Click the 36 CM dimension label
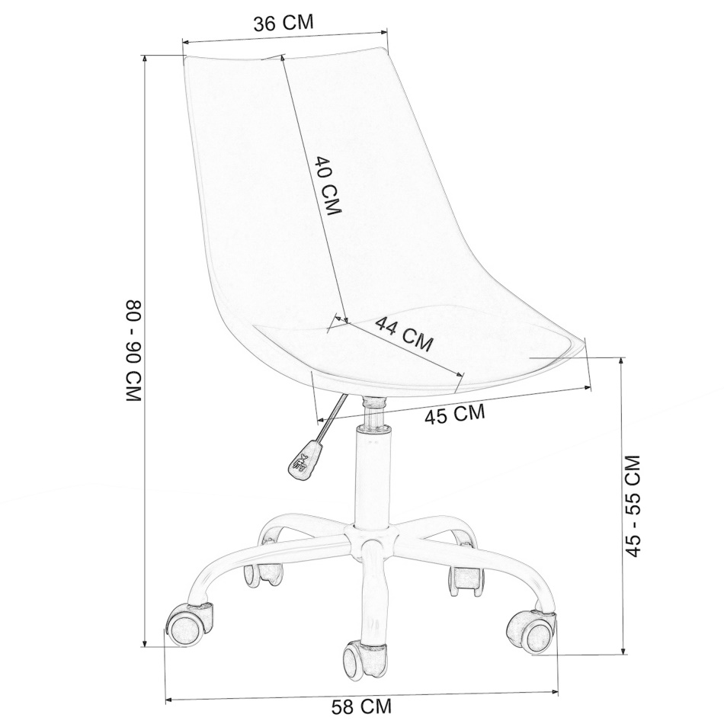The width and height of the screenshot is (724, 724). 284,23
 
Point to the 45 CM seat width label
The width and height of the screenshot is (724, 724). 455,414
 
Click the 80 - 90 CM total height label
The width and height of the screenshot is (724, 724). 133,351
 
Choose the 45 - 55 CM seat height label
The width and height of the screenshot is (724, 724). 632,506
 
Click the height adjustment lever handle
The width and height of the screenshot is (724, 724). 305,459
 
